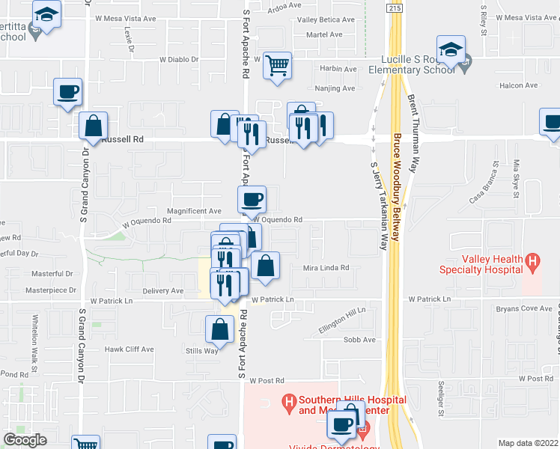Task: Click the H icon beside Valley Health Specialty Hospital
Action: pos(532,262)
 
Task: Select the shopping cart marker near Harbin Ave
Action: pos(277,67)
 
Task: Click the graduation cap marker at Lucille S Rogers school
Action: pos(451,50)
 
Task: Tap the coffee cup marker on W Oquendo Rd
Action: pos(252,200)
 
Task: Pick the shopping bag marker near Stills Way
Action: pos(219,329)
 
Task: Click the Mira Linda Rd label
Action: pos(326,267)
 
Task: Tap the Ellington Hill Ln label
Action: pos(340,319)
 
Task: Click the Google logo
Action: pos(25,439)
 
